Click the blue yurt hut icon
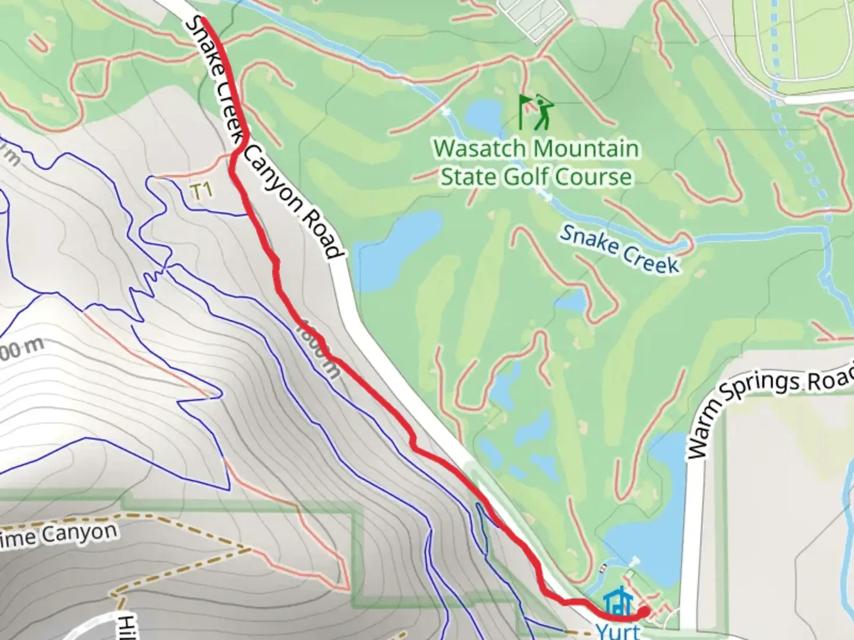click(x=618, y=603)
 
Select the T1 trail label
click(x=201, y=191)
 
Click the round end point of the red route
click(x=644, y=611)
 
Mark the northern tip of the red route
click(x=203, y=21)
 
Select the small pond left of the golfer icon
click(x=483, y=115)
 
